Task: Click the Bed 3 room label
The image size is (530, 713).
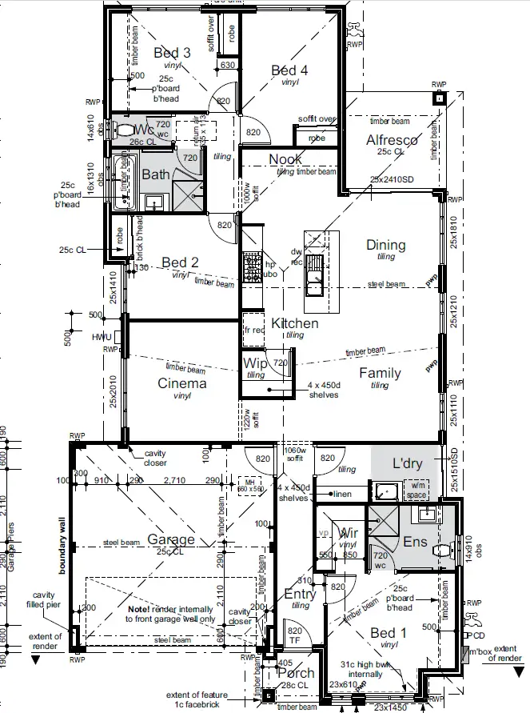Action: coord(172,53)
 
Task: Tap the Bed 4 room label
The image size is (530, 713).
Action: coord(289,70)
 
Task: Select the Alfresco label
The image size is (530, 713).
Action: coord(392,141)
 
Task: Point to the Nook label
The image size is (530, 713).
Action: coord(285,160)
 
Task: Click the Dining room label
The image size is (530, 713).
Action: coord(385,245)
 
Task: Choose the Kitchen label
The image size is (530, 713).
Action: coord(294,323)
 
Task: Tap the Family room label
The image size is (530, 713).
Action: coord(380,373)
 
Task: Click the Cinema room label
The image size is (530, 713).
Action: coord(181,383)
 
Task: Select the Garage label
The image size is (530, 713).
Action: coord(170,539)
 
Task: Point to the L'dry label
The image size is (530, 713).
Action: coord(407,464)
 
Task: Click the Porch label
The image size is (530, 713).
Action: coord(294,671)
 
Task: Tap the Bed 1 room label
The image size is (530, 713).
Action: coord(389,633)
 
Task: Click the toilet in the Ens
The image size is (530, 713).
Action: coord(440,547)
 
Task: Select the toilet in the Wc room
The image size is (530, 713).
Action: coord(123,129)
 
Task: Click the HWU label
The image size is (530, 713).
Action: coord(102,337)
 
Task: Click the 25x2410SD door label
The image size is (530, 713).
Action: coord(392,178)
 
